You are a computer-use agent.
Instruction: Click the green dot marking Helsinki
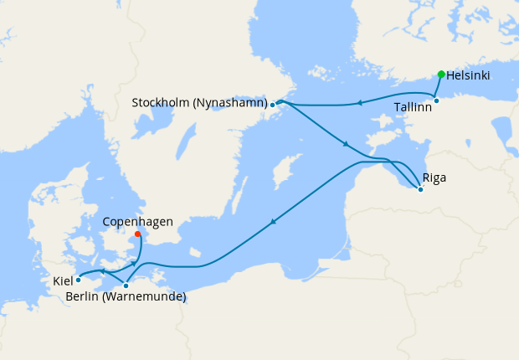[441, 74]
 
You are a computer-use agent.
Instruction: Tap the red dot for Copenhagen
[138, 234]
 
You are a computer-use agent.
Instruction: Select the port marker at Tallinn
[436, 101]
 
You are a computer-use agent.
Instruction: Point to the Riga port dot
[420, 189]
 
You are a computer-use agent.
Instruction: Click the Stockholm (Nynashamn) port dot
[273, 105]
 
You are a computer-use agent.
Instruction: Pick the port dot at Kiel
[78, 280]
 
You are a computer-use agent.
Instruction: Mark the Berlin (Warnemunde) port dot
[126, 285]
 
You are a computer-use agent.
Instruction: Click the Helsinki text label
[468, 75]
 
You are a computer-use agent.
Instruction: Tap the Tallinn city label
[412, 108]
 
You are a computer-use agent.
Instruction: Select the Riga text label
[434, 177]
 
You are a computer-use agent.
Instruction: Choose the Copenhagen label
[137, 222]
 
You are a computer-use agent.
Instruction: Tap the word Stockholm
[162, 103]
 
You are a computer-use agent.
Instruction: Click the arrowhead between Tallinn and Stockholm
[357, 104]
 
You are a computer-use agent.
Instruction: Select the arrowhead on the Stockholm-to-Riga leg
[345, 145]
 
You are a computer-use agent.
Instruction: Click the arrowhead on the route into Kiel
[100, 272]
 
